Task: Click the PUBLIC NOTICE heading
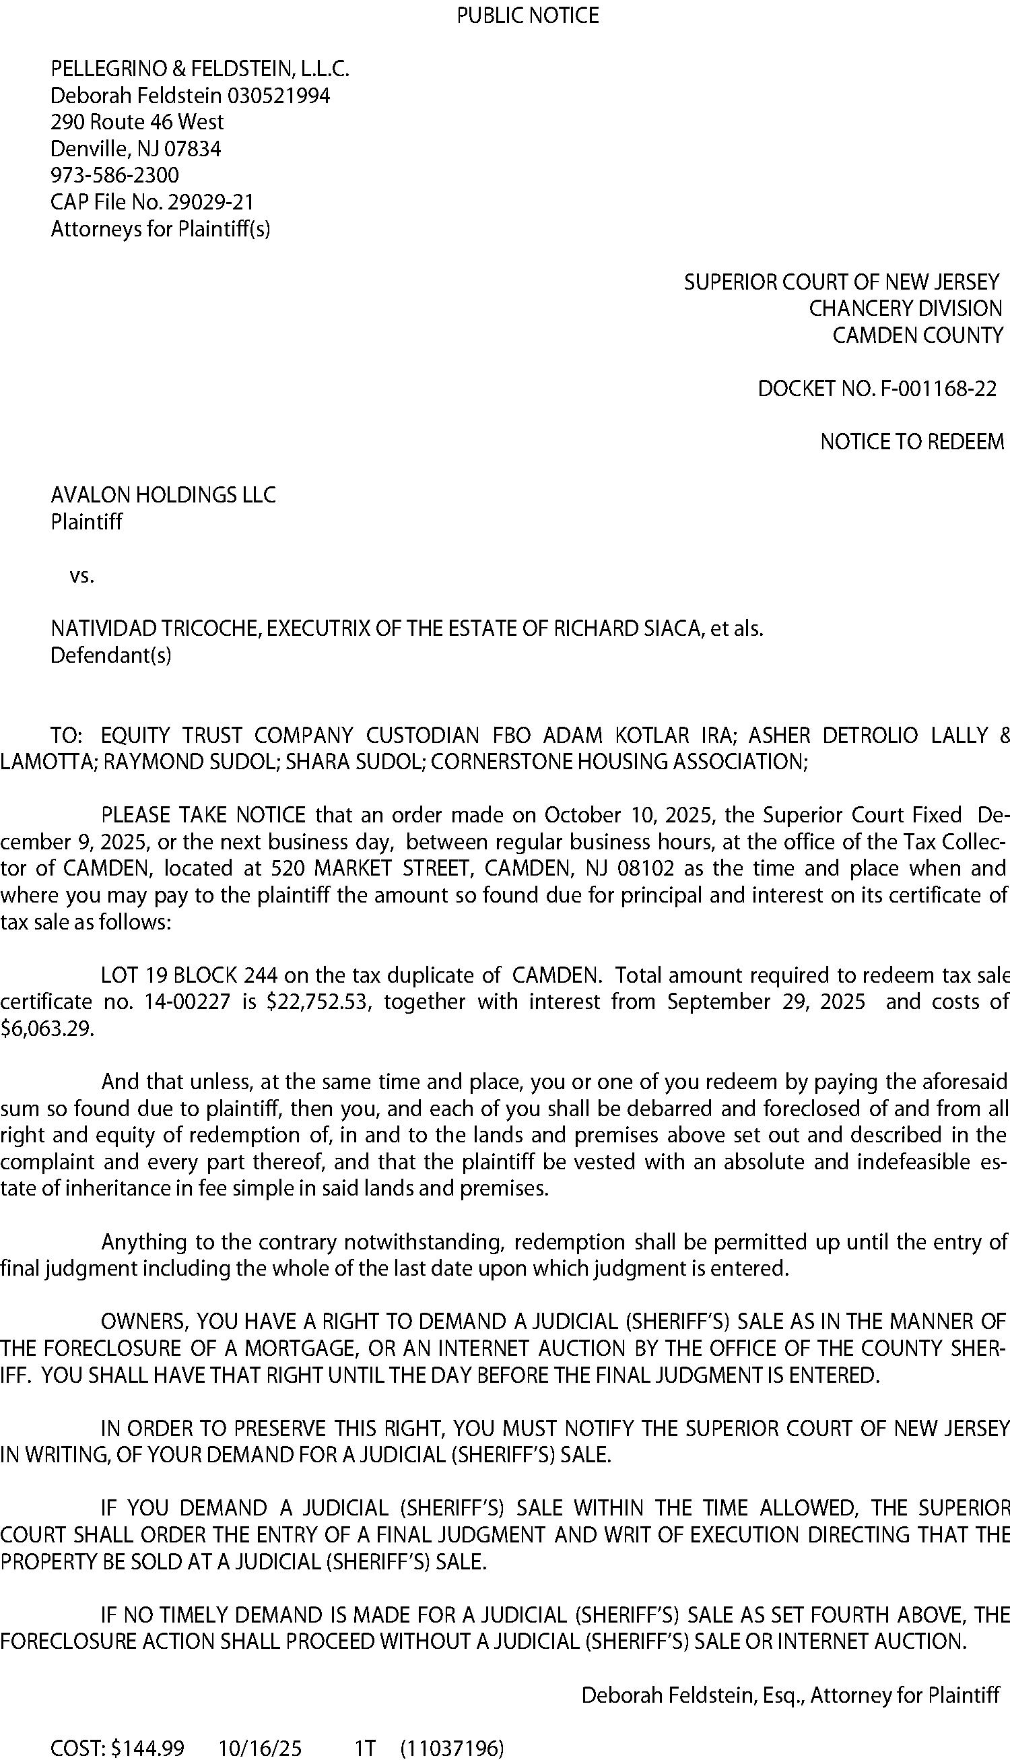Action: click(527, 15)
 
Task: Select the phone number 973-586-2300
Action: click(114, 175)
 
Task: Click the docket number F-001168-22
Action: click(938, 389)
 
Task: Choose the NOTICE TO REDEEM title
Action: click(912, 442)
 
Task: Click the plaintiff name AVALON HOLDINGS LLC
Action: click(163, 494)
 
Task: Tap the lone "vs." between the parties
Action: click(82, 576)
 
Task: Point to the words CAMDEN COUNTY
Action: click(917, 335)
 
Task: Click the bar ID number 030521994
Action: click(278, 95)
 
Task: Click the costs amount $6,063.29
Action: click(46, 1028)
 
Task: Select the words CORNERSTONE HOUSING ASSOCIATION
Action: click(617, 762)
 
